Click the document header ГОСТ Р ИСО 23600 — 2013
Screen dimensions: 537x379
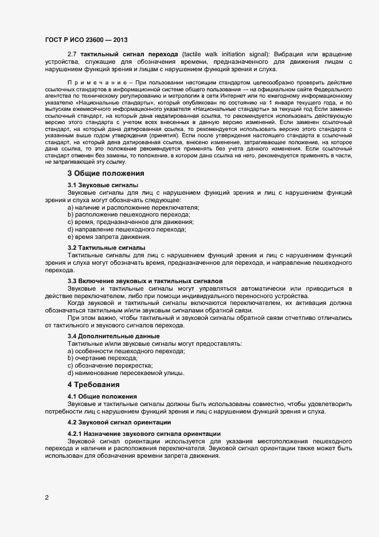[x=86, y=40]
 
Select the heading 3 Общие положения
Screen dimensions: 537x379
[x=106, y=173]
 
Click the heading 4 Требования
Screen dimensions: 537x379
[x=94, y=384]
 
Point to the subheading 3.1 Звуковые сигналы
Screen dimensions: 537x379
[x=103, y=185]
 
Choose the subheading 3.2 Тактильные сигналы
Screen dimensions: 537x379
[x=106, y=248]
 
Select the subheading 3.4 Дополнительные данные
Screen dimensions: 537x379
[x=113, y=336]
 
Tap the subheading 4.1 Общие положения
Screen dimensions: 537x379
[x=101, y=396]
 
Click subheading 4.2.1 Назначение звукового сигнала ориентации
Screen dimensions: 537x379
[x=143, y=433]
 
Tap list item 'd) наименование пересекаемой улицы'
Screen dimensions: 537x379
[x=126, y=373]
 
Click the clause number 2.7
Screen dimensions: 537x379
[x=73, y=53]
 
